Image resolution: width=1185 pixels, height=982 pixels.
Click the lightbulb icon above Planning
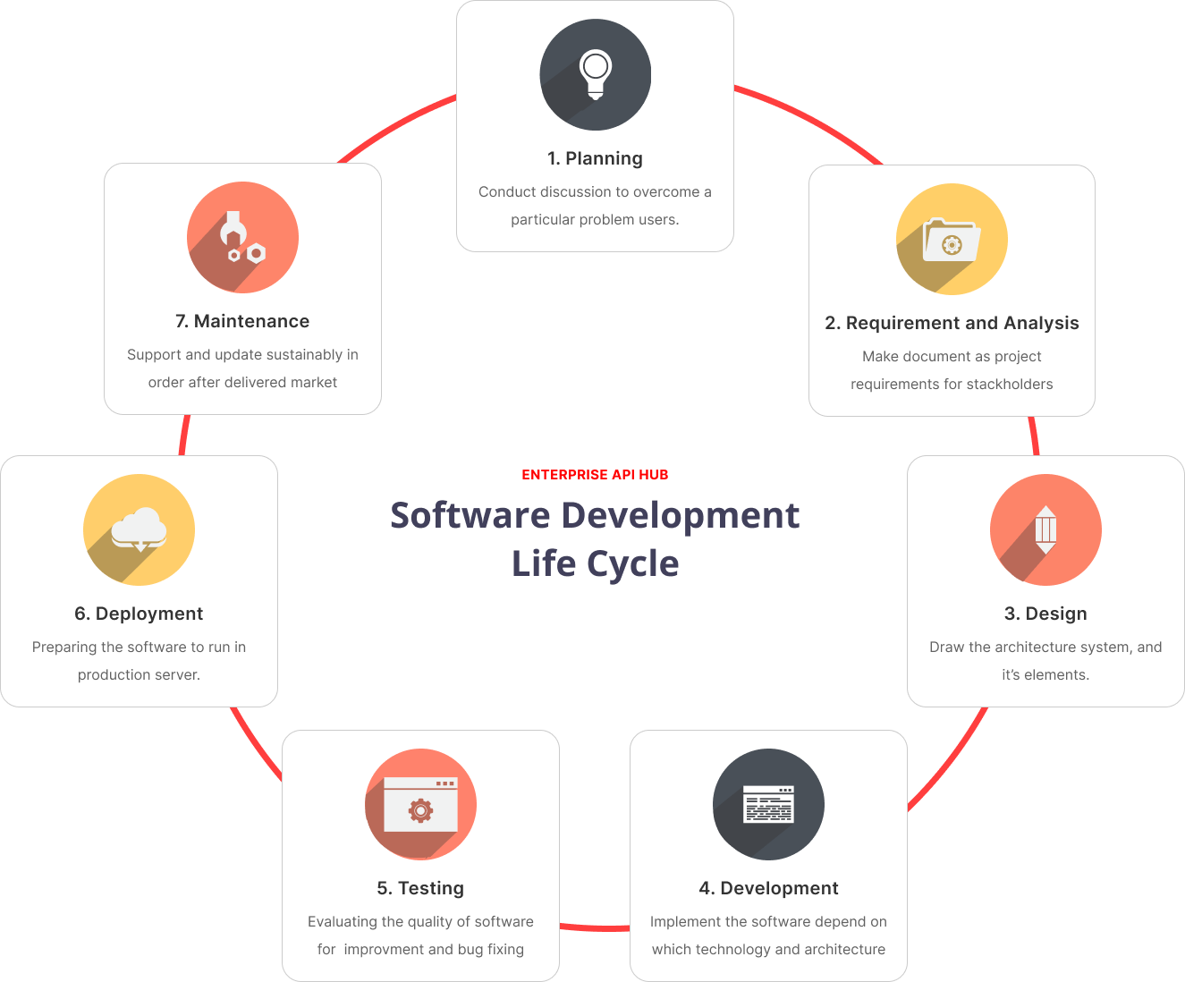click(x=596, y=74)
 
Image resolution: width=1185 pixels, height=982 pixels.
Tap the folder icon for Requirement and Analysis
click(x=952, y=240)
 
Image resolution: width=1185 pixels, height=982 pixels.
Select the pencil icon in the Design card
click(x=1045, y=529)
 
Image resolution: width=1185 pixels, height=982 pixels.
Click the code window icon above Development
click(x=768, y=804)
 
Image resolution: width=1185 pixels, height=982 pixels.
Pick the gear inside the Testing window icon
click(x=420, y=810)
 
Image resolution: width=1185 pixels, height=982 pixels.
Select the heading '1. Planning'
click(x=595, y=158)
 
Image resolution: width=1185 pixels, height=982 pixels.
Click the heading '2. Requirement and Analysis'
click(x=952, y=322)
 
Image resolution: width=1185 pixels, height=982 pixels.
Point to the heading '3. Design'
click(x=1045, y=613)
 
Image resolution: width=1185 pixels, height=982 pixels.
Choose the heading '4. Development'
click(x=768, y=888)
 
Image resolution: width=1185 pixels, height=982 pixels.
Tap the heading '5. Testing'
click(x=420, y=888)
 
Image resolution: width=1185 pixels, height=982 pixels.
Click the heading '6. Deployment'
click(x=139, y=613)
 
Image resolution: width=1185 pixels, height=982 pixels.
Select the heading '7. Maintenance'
click(x=242, y=321)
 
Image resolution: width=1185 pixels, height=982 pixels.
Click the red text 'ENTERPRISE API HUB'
click(x=595, y=475)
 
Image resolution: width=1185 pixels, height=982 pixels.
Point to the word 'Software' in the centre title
click(x=470, y=515)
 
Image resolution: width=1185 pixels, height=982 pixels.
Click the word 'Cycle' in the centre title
click(x=633, y=564)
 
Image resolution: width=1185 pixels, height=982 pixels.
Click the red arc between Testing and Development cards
click(x=595, y=928)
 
